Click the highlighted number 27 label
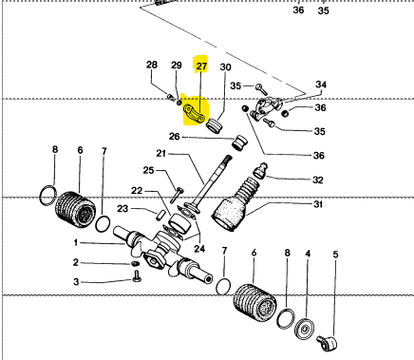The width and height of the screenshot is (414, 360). pyautogui.click(x=201, y=66)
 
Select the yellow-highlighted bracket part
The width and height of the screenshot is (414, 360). pyautogui.click(x=194, y=114)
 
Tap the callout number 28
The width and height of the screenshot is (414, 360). pyautogui.click(x=152, y=65)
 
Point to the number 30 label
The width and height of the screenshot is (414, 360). pyautogui.click(x=225, y=67)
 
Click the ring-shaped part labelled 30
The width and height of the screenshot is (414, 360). pyautogui.click(x=214, y=125)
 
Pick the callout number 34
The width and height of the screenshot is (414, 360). pyautogui.click(x=321, y=85)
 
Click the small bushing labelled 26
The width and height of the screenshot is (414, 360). pyautogui.click(x=240, y=142)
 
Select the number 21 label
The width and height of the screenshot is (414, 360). pyautogui.click(x=161, y=154)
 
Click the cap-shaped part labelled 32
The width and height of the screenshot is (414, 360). pyautogui.click(x=261, y=170)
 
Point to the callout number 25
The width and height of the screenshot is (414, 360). pyautogui.click(x=148, y=170)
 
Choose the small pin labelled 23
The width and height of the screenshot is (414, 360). pyautogui.click(x=160, y=215)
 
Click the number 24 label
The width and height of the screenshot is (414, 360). pyautogui.click(x=199, y=249)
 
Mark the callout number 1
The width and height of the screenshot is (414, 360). pyautogui.click(x=76, y=243)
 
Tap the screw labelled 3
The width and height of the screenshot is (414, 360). pyautogui.click(x=137, y=275)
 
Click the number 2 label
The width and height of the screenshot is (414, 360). pyautogui.click(x=75, y=262)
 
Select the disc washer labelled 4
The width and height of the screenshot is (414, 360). pyautogui.click(x=305, y=330)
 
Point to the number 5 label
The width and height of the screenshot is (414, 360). pyautogui.click(x=335, y=255)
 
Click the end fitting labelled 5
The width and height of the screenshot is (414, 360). pyautogui.click(x=328, y=343)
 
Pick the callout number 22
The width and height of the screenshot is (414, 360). pyautogui.click(x=137, y=191)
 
